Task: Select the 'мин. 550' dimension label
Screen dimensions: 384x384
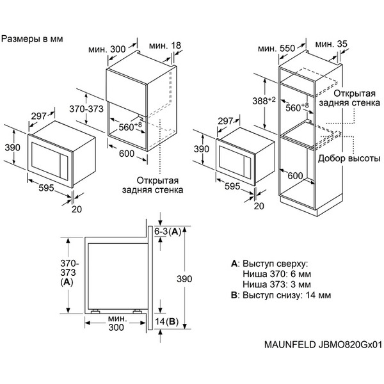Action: [x=276, y=49]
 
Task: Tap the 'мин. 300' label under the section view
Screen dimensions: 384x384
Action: [x=115, y=323]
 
